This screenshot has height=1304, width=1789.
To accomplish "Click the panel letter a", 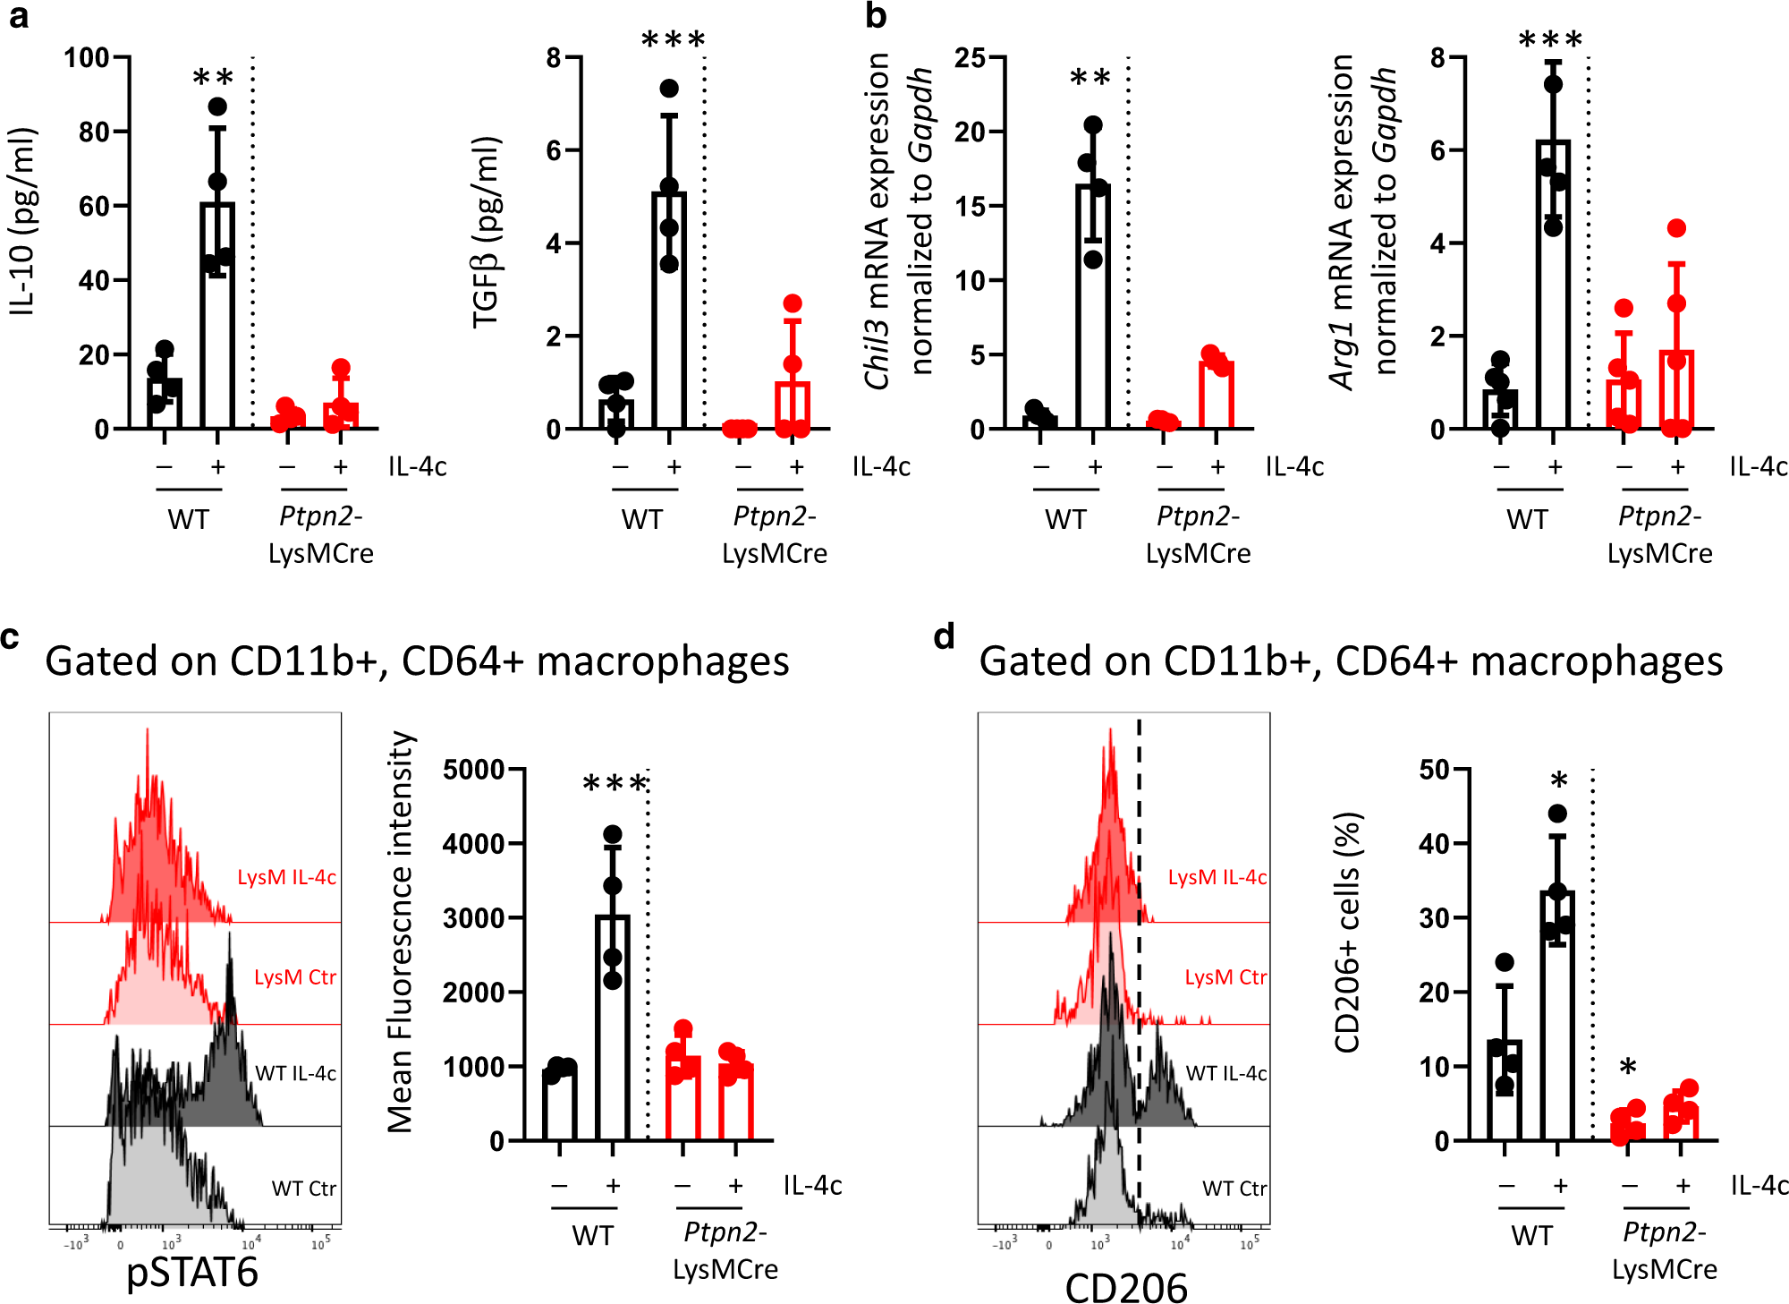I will [x=18, y=18].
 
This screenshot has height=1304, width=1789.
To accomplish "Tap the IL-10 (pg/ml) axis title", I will [x=23, y=222].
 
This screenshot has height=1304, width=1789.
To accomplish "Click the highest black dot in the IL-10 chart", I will [x=217, y=107].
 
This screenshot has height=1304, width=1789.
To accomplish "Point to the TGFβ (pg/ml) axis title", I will [x=488, y=233].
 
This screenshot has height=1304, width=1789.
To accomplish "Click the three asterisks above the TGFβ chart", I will [x=674, y=40].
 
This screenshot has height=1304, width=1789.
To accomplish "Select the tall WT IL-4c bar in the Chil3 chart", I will [x=1093, y=304].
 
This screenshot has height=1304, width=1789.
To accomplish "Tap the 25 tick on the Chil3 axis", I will [x=970, y=59].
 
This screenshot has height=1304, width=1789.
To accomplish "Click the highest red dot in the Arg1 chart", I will [x=1676, y=228].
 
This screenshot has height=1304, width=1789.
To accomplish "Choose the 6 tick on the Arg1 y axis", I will [x=1437, y=150].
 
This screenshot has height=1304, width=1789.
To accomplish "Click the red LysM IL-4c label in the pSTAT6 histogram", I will [x=286, y=877].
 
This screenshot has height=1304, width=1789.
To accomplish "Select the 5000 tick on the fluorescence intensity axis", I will [x=473, y=770].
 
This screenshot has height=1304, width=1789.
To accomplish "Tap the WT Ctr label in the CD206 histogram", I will [x=1234, y=1189].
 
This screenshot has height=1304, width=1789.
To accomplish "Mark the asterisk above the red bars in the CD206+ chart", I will [x=1628, y=1067].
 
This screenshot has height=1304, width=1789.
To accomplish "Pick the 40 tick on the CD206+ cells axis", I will [x=1435, y=844].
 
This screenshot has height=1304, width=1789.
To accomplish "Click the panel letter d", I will [x=945, y=637].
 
